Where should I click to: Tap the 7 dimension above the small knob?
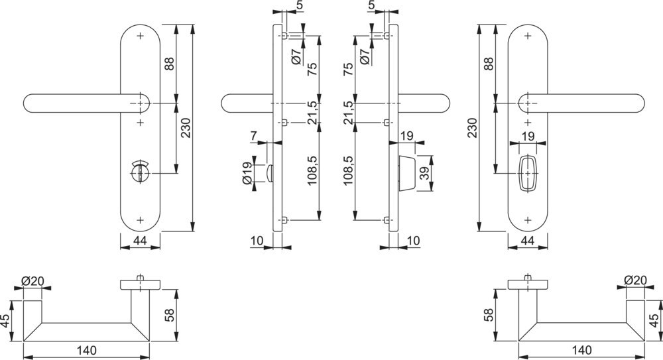254,136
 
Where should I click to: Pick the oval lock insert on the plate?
528,173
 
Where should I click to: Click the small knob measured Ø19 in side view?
270,173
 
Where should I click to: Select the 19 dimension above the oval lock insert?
528,136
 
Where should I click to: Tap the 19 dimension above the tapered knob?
407,136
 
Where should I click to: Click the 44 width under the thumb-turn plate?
140,241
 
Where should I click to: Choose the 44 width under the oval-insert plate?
528,241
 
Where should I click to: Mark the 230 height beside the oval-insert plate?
472,127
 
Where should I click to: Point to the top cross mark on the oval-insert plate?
528,34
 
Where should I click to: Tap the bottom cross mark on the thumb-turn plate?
141,219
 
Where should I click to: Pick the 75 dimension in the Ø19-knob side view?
312,68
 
